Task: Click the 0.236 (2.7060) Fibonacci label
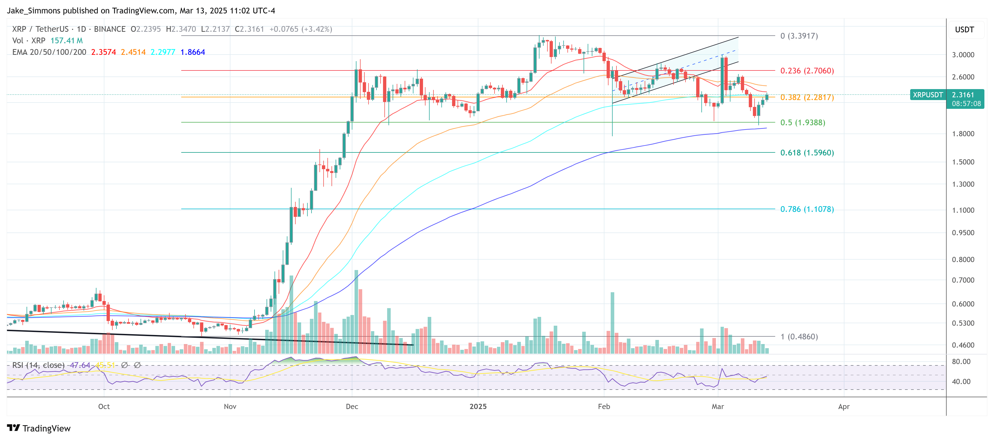point(807,71)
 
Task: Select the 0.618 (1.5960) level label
point(807,152)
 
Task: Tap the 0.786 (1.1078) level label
point(807,209)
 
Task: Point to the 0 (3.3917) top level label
point(799,36)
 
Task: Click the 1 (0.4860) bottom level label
point(799,337)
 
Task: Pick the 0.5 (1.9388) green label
point(802,122)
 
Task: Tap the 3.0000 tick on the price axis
point(963,55)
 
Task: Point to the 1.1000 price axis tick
point(963,210)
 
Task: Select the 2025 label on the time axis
point(478,407)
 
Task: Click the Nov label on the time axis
point(230,407)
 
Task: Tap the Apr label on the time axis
point(844,407)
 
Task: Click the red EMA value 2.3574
point(103,52)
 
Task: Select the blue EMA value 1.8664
point(193,52)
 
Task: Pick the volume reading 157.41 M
point(66,41)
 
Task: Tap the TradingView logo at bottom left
point(39,428)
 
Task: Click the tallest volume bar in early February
point(612,322)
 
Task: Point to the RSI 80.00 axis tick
point(961,362)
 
